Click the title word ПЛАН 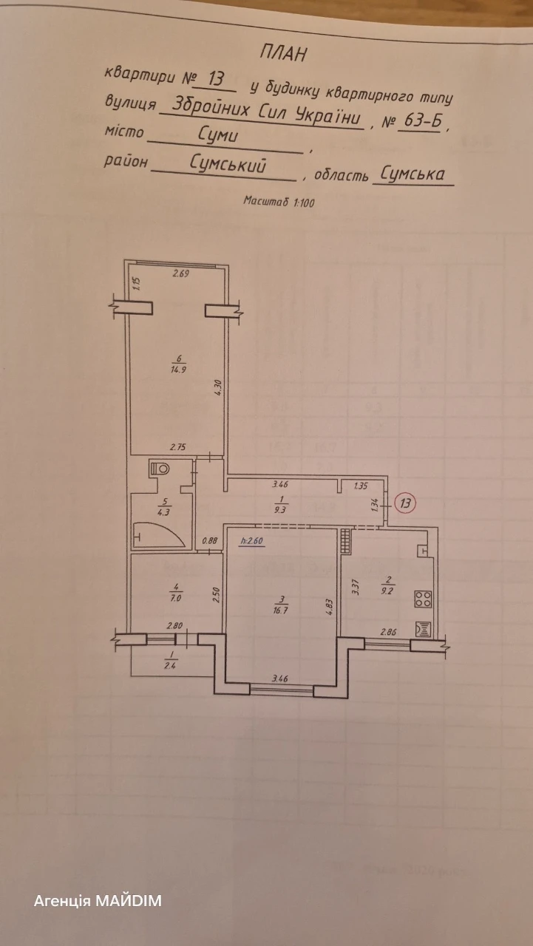click(x=284, y=54)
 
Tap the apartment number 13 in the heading click(x=216, y=78)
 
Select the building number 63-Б click(x=422, y=121)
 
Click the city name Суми click(x=218, y=135)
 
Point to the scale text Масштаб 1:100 click(x=279, y=202)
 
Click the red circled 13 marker click(x=405, y=503)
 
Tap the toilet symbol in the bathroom click(x=159, y=469)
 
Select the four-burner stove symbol click(x=423, y=599)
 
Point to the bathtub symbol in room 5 click(x=159, y=535)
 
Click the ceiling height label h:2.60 click(x=252, y=540)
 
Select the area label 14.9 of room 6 click(x=179, y=369)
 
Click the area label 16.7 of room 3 click(x=280, y=610)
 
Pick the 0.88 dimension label click(x=209, y=540)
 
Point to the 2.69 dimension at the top click(x=180, y=273)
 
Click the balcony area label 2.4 click(x=170, y=666)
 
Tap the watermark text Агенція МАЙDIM click(x=98, y=901)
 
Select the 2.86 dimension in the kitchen click(x=389, y=632)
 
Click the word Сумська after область click(x=413, y=174)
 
